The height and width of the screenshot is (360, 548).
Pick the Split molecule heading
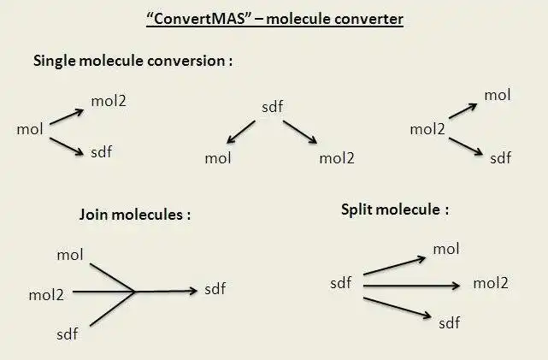393,209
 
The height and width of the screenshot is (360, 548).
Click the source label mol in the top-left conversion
30,129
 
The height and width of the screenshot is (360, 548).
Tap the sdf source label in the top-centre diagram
272,107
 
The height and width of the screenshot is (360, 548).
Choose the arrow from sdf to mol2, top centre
300,133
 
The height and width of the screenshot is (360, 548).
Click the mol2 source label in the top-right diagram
427,130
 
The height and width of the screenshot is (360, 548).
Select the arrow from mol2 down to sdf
466,146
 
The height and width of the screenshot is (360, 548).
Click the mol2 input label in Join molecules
46,295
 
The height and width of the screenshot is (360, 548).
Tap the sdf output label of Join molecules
215,289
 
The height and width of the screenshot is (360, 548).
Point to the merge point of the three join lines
136,292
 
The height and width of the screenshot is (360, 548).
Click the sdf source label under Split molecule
341,282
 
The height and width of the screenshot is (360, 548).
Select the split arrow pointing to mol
394,265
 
